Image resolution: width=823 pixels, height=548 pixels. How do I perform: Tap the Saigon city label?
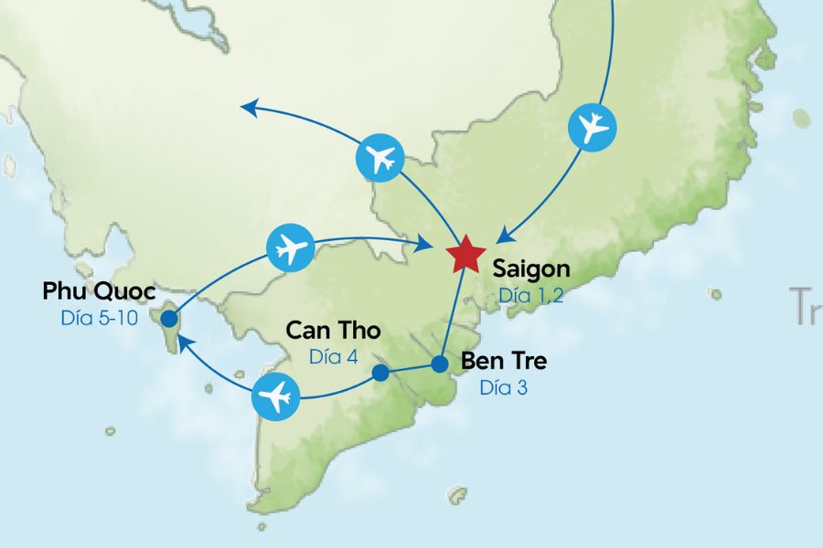(530, 269)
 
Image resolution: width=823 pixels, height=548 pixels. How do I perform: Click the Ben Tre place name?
(504, 361)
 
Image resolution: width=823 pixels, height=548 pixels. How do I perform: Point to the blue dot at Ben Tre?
(440, 364)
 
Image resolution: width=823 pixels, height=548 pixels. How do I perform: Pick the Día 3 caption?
(503, 387)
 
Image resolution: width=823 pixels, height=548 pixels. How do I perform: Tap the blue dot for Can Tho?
(381, 373)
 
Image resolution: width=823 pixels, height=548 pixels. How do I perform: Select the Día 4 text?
(333, 356)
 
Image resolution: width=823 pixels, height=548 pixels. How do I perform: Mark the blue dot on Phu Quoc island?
(169, 318)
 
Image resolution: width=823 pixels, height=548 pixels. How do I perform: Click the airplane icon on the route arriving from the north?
(593, 127)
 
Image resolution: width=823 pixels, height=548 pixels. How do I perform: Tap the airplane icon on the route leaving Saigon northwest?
(379, 156)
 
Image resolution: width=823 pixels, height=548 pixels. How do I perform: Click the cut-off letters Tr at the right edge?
(807, 306)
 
